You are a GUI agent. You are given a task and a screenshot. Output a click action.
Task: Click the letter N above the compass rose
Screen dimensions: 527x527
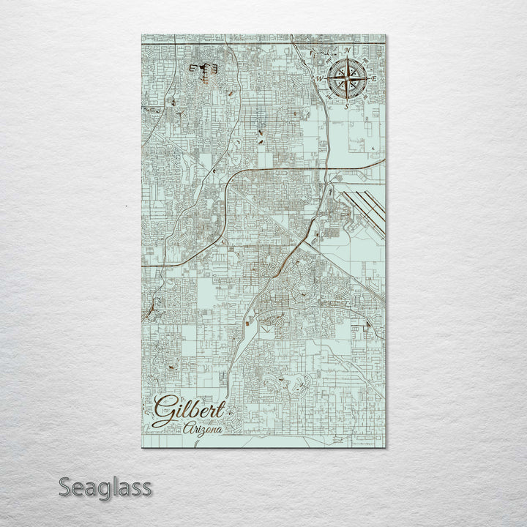347,51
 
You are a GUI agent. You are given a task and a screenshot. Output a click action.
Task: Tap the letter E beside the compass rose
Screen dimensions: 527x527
373,78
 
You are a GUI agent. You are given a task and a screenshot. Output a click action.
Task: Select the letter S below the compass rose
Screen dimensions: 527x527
347,105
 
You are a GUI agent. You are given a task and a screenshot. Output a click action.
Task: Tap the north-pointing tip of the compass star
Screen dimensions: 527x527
347,58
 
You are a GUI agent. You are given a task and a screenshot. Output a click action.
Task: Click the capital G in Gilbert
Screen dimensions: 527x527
165,411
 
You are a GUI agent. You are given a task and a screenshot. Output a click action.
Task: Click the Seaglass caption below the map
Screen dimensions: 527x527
105,487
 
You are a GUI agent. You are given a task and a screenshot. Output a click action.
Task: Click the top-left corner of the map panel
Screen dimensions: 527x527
141,34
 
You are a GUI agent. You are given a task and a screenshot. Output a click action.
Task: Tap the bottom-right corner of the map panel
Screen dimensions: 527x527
385,446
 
